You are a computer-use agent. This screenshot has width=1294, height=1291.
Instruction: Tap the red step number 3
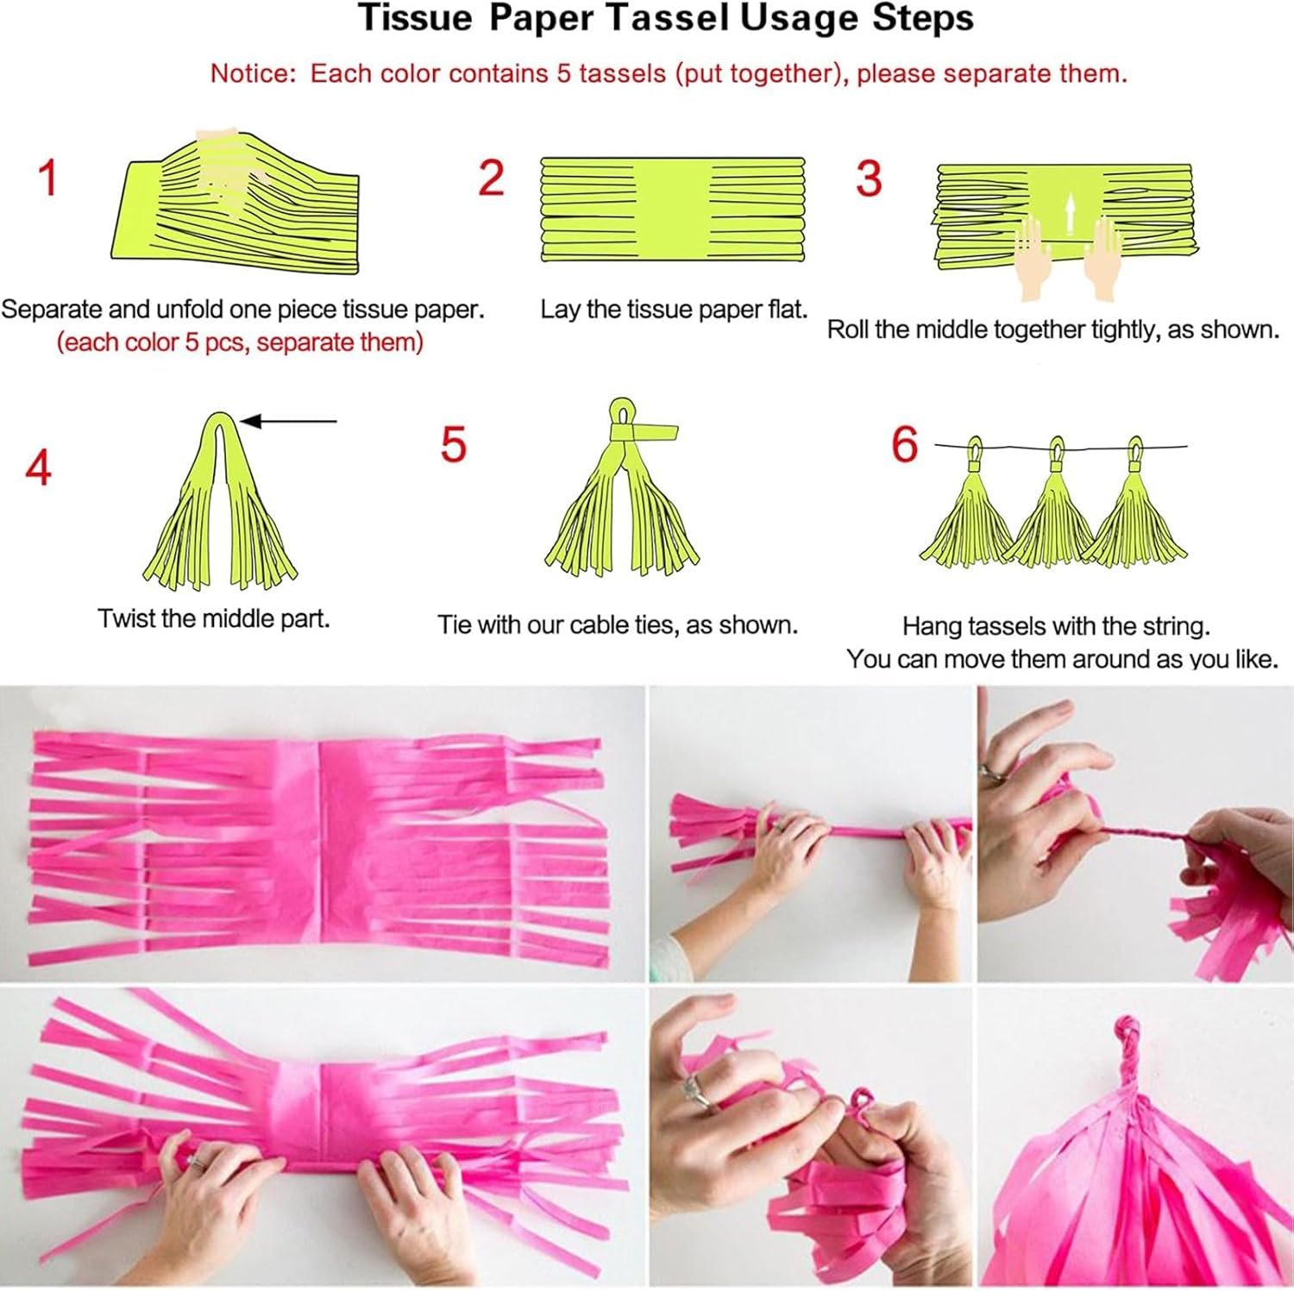coord(869,179)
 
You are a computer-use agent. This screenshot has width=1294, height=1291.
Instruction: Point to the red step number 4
coord(38,467)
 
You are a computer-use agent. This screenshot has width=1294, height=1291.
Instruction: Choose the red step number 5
coord(453,445)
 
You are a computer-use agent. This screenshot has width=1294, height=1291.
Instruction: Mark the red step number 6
coord(904,445)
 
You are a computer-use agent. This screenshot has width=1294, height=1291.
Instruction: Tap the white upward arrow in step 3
coord(1069,214)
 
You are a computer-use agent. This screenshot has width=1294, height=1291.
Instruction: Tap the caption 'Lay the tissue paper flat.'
coord(674,309)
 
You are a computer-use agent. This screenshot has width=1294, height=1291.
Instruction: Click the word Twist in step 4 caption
coord(126,618)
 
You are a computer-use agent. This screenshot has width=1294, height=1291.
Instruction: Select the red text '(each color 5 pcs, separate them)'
coord(240,342)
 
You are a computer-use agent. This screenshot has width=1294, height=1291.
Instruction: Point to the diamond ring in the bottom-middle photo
coord(693,1091)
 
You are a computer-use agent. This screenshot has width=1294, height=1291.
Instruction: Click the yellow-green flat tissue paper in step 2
coord(672,209)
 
